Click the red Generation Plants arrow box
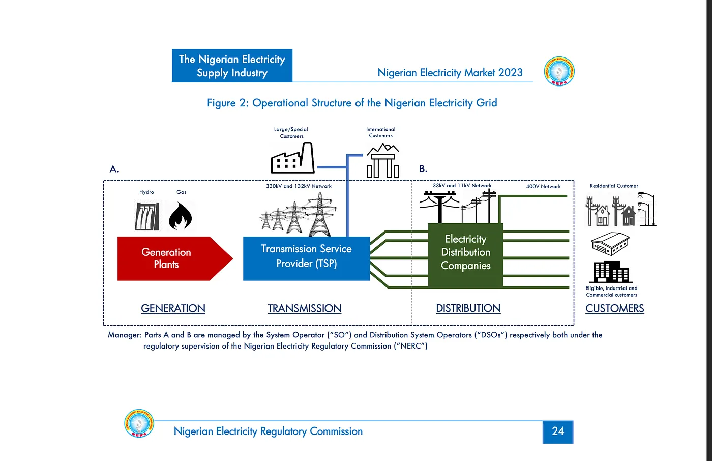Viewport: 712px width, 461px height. [x=168, y=258]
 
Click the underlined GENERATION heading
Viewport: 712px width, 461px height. [x=173, y=308]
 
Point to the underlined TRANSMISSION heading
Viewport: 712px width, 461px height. [x=304, y=308]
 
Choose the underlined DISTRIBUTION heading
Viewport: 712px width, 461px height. [x=468, y=308]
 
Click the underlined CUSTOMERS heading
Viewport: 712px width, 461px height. [x=614, y=308]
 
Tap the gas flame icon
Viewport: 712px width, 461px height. [x=180, y=217]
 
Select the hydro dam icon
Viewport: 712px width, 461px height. [x=147, y=216]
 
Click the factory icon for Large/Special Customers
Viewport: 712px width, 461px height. [x=292, y=159]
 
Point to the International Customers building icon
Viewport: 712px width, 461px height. [x=383, y=161]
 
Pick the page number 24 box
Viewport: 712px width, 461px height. [x=557, y=431]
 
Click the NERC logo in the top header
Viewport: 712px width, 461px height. [x=559, y=71]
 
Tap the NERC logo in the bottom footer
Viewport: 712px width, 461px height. [x=139, y=423]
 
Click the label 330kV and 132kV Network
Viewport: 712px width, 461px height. [x=299, y=186]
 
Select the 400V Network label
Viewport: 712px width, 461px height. [x=543, y=187]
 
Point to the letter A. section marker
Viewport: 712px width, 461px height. [x=114, y=169]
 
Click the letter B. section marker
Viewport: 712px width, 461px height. [x=423, y=169]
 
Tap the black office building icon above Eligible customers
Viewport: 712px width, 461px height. [x=611, y=272]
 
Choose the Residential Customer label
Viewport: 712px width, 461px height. [x=614, y=186]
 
